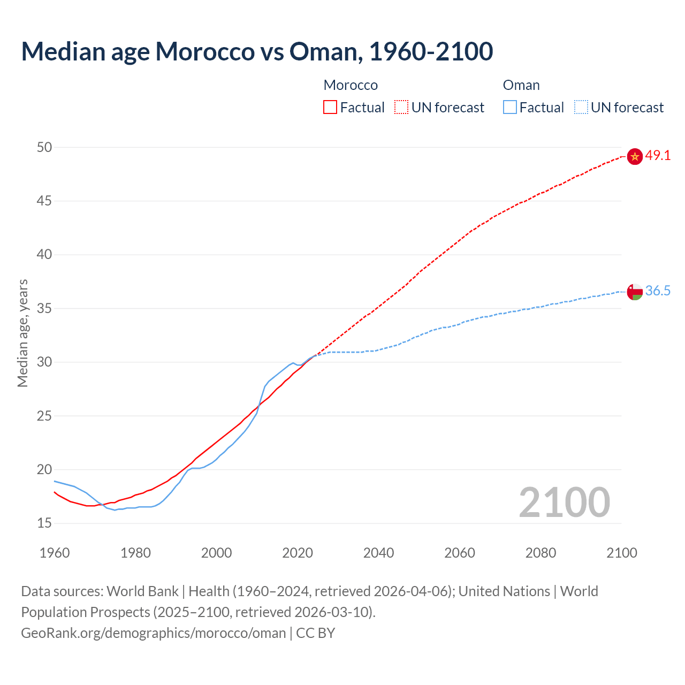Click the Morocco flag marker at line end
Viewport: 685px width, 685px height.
coord(634,156)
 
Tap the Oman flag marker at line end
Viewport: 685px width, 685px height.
coord(634,292)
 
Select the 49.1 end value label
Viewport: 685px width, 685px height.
coord(658,156)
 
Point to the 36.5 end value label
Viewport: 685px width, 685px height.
coord(658,291)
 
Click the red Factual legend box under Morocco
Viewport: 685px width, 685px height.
coord(330,108)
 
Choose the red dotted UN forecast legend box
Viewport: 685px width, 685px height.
coord(401,108)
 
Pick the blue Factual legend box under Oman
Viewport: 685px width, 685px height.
coord(509,108)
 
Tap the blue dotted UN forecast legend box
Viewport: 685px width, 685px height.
coord(581,108)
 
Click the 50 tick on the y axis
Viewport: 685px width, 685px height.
coord(44,147)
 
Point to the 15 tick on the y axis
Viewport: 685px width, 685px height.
coord(44,523)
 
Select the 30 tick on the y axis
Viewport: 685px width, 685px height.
coord(44,362)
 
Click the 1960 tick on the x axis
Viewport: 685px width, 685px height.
coord(55,553)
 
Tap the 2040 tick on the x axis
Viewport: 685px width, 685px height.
coord(378,553)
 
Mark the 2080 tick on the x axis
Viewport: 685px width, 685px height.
coord(541,553)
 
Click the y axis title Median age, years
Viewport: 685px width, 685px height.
coord(22,333)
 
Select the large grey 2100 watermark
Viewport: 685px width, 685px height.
coord(564,502)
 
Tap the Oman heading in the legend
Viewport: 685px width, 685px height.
coord(521,85)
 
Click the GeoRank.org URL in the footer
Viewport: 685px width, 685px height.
coord(153,633)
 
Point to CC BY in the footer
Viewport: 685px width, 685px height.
coord(316,633)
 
